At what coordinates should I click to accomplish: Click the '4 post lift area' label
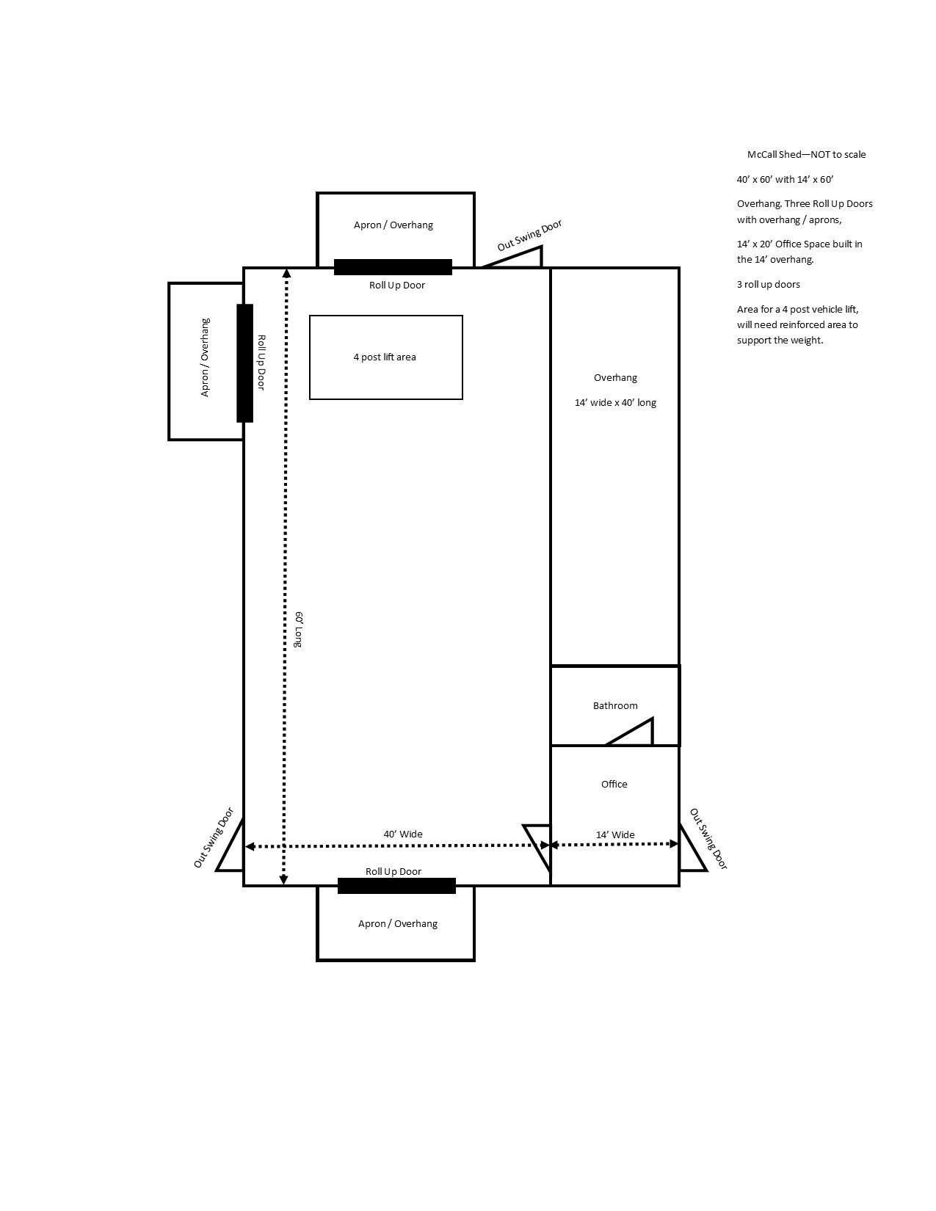385,357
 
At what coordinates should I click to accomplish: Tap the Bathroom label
615,705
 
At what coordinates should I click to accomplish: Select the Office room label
614,784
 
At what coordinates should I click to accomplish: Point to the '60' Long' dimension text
299,630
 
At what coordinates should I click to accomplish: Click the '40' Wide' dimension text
403,834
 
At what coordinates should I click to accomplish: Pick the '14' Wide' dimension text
615,834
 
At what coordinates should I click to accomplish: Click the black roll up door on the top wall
393,267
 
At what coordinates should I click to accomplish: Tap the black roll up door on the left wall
244,363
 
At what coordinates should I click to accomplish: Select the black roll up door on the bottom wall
396,886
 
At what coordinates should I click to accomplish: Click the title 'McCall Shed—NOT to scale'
806,155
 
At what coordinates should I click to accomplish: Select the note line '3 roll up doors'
768,285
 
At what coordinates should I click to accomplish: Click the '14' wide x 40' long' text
615,402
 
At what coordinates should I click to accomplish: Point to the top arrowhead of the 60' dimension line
286,272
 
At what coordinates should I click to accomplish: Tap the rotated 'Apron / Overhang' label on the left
205,357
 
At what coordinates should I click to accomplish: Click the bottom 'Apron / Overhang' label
397,924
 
